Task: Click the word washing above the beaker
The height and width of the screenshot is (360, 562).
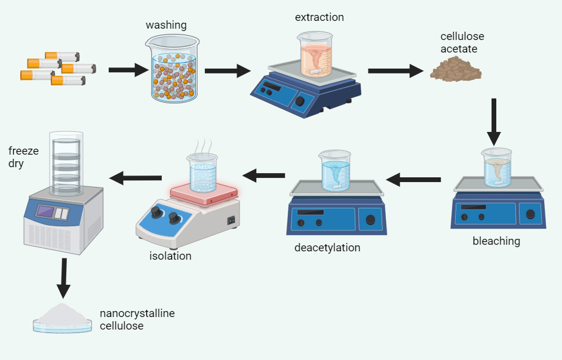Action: pyautogui.click(x=166, y=25)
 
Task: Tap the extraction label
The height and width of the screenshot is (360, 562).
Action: pyautogui.click(x=319, y=17)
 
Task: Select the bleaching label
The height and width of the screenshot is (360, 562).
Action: pyautogui.click(x=496, y=241)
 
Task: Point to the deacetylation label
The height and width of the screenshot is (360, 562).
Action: pyautogui.click(x=327, y=247)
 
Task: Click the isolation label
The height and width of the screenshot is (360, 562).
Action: pyautogui.click(x=170, y=256)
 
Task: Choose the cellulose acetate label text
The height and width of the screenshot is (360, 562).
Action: pyautogui.click(x=459, y=43)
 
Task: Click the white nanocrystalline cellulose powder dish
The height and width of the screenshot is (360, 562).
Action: pyautogui.click(x=63, y=318)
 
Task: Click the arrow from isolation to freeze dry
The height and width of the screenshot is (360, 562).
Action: pyautogui.click(x=136, y=177)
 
